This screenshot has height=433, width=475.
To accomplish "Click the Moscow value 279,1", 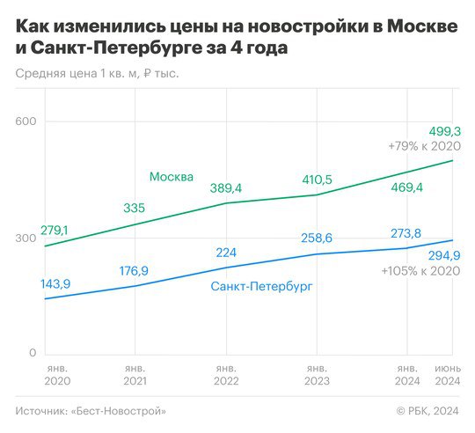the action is tap(55, 231).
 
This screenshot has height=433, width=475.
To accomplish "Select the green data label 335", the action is tap(135, 209).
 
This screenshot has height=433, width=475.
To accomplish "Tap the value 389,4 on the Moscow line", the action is tap(226, 188).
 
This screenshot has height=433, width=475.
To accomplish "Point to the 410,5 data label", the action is tap(317, 180).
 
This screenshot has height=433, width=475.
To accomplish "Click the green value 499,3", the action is tap(445, 131).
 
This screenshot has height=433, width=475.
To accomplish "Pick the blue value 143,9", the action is tap(55, 284).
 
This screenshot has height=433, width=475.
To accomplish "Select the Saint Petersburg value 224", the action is tap(226, 253).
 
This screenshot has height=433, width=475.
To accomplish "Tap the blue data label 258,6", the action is tap(317, 239).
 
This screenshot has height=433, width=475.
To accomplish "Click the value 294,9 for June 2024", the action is tap(444, 256).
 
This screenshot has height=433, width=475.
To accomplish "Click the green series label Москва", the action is tap(172, 177).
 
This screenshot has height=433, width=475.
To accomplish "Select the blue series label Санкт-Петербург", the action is tap(261, 286).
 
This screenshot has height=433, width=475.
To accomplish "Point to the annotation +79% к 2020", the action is tap(424, 146).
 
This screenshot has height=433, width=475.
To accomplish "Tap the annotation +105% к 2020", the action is tap(420, 271).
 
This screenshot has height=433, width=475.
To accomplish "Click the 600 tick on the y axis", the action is tap(26, 121).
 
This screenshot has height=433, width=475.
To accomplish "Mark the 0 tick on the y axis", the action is tap(33, 353).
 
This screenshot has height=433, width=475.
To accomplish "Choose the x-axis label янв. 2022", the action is tap(226, 375).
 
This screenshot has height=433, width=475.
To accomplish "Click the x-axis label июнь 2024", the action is tap(448, 375).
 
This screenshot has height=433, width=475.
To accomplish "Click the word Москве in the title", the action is tap(422, 26).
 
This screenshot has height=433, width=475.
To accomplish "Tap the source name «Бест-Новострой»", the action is tap(119, 411).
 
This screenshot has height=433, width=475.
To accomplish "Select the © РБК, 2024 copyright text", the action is tap(427, 411).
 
